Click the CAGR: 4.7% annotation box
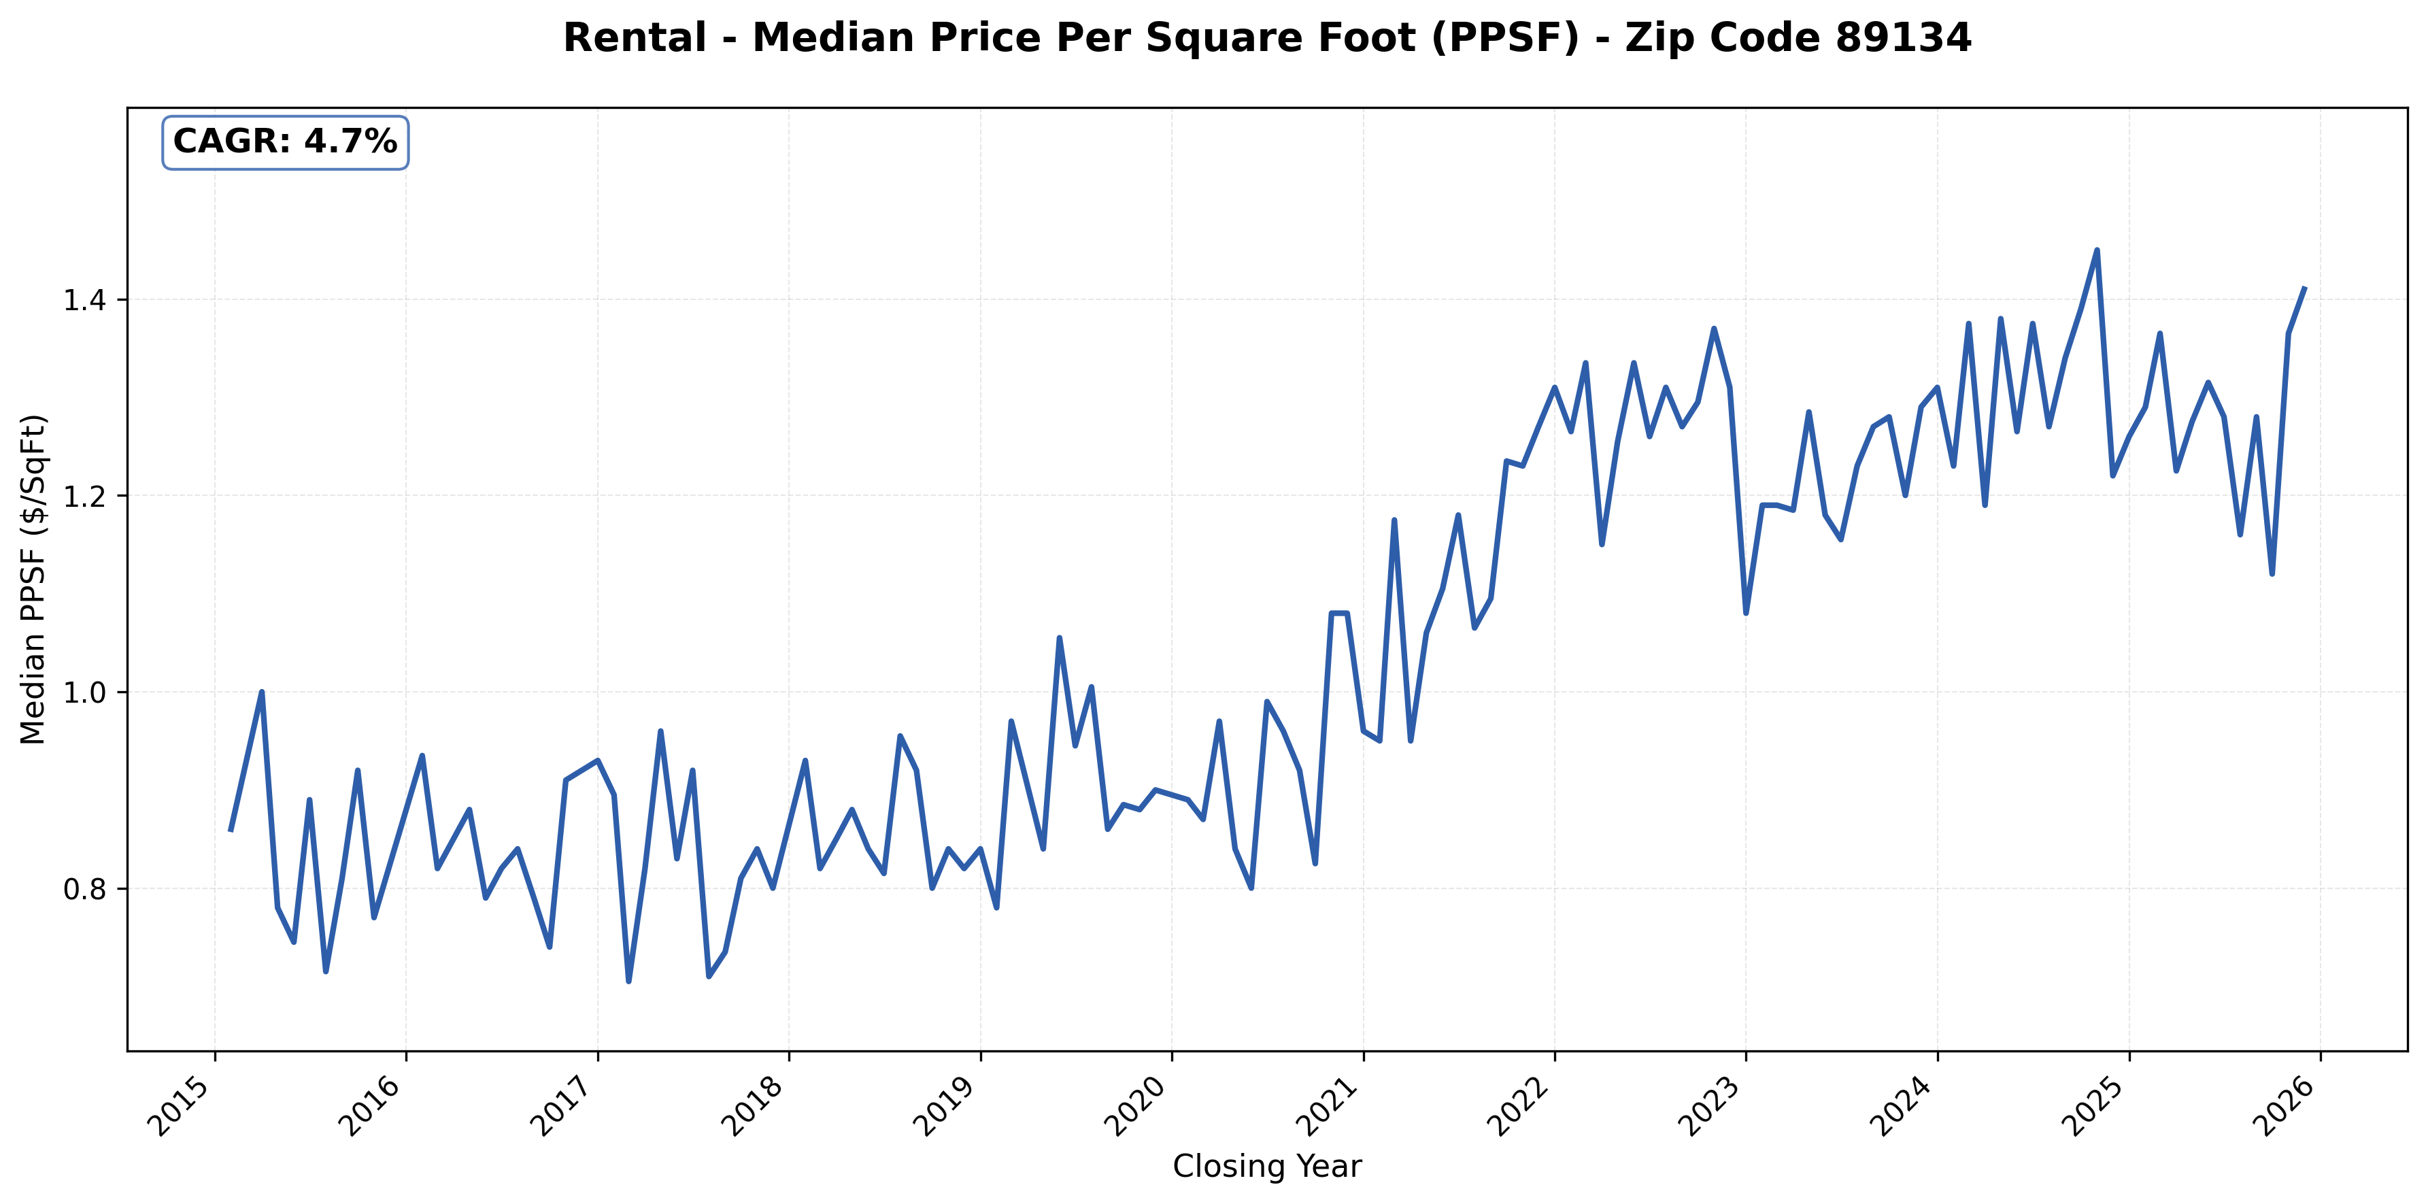click(x=285, y=142)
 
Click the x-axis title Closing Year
click(x=1267, y=1167)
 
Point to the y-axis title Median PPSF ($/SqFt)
click(x=33, y=579)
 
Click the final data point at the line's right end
click(x=2304, y=288)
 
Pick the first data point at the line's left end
click(x=230, y=830)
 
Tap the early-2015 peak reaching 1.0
click(x=262, y=692)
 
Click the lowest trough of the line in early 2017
click(x=628, y=982)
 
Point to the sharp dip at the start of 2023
click(x=1747, y=613)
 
